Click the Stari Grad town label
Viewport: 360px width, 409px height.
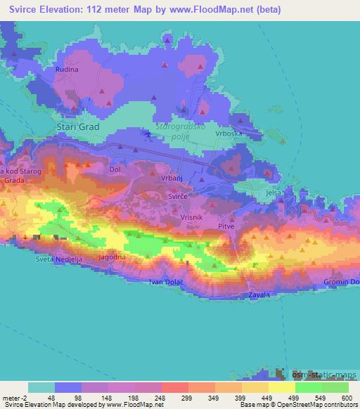pos(77,127)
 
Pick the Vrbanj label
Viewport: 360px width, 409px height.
pos(171,179)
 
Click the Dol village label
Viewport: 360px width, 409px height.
pos(116,169)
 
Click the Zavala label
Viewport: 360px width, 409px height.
pos(259,295)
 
